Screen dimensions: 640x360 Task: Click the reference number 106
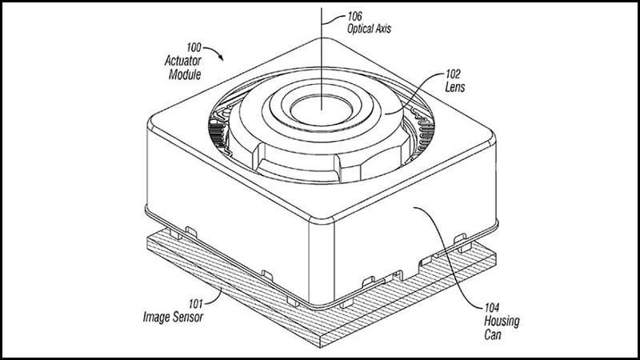(x=354, y=16)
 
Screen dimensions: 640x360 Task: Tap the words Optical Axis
(x=369, y=29)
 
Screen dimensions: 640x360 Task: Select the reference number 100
(x=194, y=47)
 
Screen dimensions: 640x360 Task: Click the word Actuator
(x=183, y=61)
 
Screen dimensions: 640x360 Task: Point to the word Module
(x=185, y=74)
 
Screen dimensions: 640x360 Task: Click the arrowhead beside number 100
(x=221, y=58)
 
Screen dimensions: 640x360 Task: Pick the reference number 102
(x=453, y=74)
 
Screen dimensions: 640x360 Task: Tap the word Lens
(x=454, y=87)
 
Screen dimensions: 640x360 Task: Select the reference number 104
(x=491, y=307)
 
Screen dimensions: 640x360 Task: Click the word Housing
(x=502, y=322)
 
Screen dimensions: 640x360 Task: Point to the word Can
(x=493, y=334)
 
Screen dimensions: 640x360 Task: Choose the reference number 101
(x=195, y=304)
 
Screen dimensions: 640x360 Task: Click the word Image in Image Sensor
(x=155, y=317)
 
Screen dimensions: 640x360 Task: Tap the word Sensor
(x=187, y=317)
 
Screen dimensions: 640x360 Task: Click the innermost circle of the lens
(x=322, y=110)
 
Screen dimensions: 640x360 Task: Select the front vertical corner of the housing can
(x=322, y=262)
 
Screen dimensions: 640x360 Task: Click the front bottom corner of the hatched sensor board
(x=321, y=347)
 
